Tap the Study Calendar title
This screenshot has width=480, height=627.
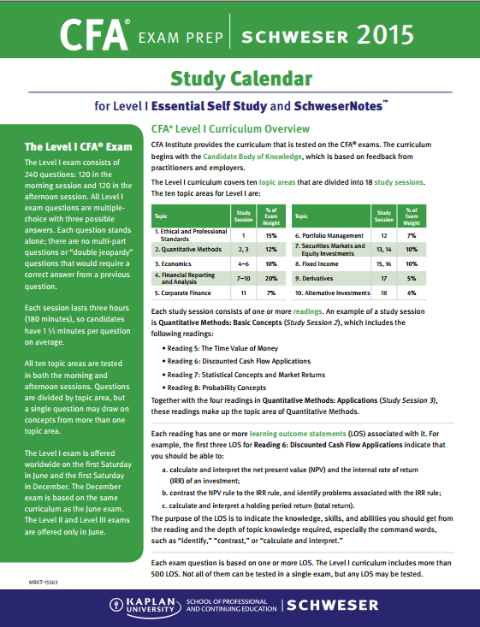pyautogui.click(x=240, y=80)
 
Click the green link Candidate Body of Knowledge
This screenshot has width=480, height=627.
pyautogui.click(x=252, y=157)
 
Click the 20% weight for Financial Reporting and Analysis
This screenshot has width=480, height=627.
pyautogui.click(x=271, y=279)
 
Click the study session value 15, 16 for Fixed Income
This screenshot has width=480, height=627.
pyautogui.click(x=384, y=264)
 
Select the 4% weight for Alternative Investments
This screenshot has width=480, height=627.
pyautogui.click(x=412, y=293)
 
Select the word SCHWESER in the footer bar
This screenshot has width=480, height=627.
pyautogui.click(x=332, y=606)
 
